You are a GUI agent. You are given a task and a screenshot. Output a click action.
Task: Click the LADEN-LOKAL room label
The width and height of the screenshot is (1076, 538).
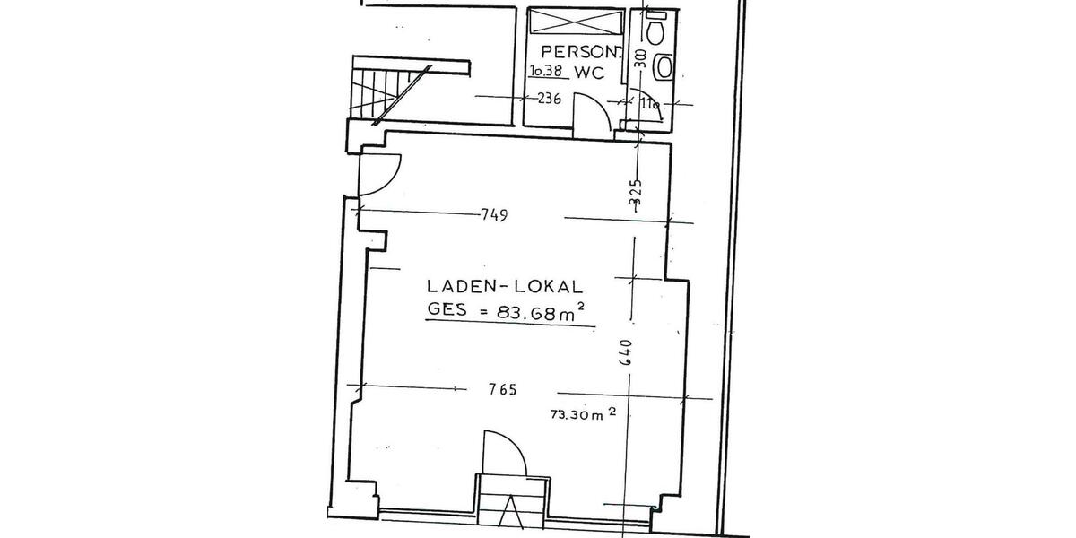click(505, 287)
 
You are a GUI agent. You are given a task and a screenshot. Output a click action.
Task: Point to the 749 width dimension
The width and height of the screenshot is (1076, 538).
click(494, 215)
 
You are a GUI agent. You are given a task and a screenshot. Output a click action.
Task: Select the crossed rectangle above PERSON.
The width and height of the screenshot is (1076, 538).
click(571, 22)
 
